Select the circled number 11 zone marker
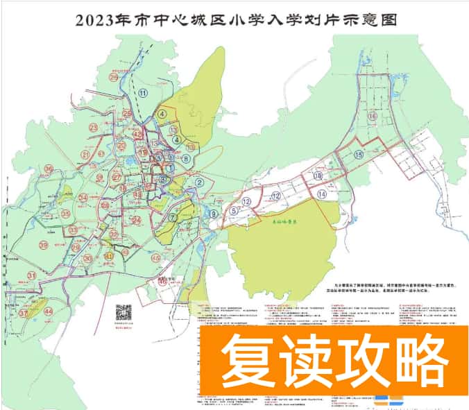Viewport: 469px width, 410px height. [x=144, y=93]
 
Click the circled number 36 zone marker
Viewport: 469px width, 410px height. [x=49, y=169]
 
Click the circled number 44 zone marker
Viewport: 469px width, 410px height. [x=48, y=311]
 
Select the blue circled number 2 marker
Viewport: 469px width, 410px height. [x=199, y=182]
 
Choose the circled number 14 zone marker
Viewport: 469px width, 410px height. [x=322, y=196]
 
